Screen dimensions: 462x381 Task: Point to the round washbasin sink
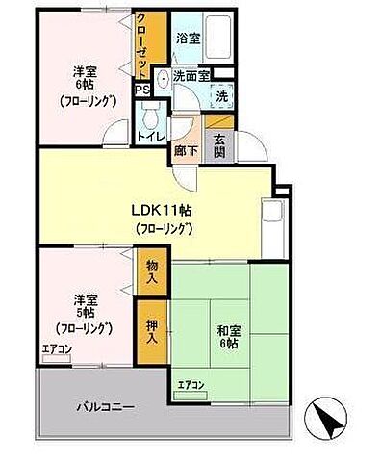(164, 81)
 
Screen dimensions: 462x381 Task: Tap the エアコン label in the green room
(191, 386)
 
